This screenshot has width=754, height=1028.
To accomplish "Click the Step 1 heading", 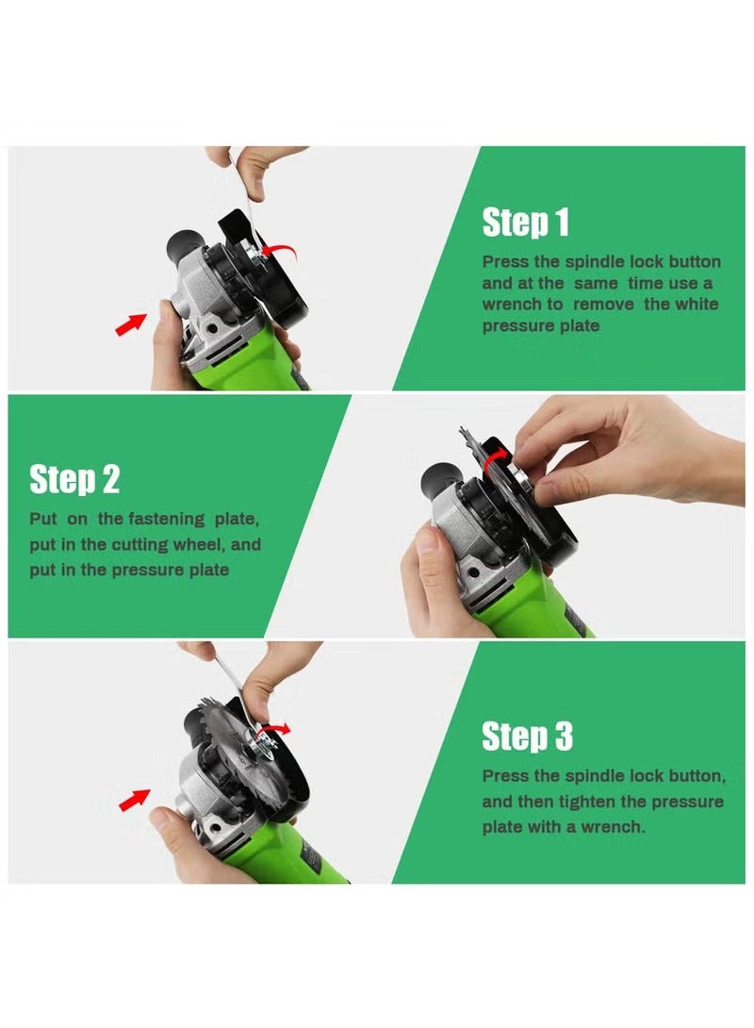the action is (x=525, y=223).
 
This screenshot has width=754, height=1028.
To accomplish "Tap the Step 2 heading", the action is (x=74, y=479).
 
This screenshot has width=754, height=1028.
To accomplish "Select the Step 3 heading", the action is (x=528, y=736).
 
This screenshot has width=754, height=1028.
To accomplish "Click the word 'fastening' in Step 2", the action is (x=167, y=520).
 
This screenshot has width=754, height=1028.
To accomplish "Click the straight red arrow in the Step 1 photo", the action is (x=131, y=323).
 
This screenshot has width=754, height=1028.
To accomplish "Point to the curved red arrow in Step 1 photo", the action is (x=278, y=250).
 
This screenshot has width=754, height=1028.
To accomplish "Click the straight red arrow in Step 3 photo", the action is (x=135, y=799).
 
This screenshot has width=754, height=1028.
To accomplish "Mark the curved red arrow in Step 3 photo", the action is (x=274, y=728).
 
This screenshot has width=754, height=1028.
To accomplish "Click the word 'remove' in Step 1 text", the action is (x=603, y=305).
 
